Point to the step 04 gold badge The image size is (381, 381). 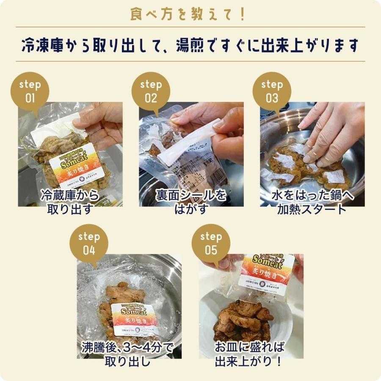coord(89,243)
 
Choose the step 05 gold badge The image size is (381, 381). coord(211,243)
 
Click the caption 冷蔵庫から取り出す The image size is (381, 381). coord(70,202)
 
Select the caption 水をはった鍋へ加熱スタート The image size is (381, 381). coord(312,202)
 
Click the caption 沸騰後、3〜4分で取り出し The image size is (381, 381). coord(127,355)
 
